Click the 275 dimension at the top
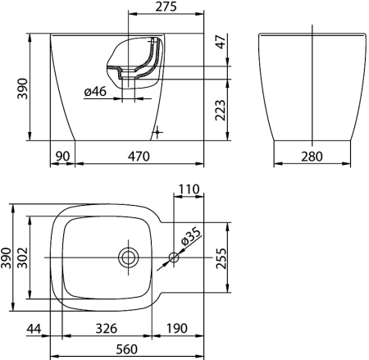(166, 7)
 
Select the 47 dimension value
(221, 42)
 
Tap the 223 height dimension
(221, 110)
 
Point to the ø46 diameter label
(95, 92)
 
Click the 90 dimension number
(63, 157)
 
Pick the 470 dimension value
(139, 157)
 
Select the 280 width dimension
(312, 157)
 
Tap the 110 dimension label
(189, 189)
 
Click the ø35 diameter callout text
(191, 236)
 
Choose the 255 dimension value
(221, 258)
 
